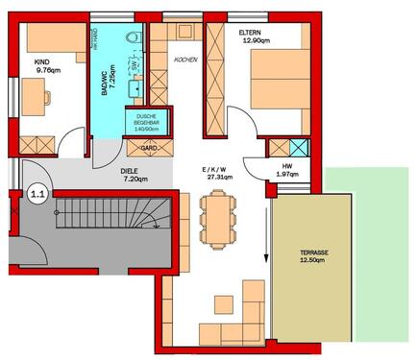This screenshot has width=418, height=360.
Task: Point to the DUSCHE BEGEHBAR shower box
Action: (x=149, y=123)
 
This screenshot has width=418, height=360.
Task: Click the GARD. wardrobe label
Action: (x=149, y=149)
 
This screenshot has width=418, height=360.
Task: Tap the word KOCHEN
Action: (x=184, y=60)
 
